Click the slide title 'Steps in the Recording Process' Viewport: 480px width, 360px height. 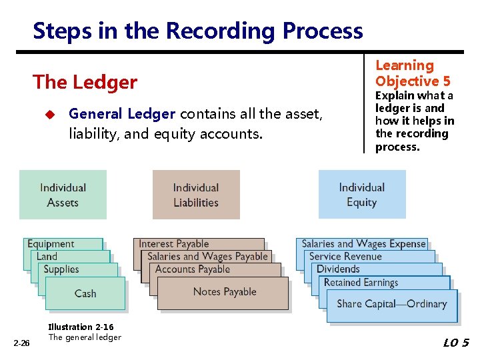tap(197, 31)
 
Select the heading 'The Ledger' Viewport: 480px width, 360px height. tap(85, 82)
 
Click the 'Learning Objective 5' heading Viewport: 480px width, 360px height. tap(413, 73)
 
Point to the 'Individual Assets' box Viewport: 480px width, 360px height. tap(63, 195)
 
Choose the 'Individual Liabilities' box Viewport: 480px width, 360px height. tap(196, 195)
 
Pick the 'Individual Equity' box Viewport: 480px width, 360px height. tap(361, 195)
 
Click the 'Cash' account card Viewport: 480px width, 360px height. tap(85, 293)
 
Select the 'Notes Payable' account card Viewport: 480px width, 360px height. tap(224, 292)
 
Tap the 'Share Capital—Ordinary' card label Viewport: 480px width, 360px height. tap(391, 304)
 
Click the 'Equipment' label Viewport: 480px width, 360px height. tap(51, 244)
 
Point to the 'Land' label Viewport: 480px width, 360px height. tap(47, 257)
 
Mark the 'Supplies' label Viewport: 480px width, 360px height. tap(61, 269)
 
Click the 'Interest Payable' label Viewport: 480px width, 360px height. tap(173, 244)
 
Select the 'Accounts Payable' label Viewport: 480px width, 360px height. tap(192, 269)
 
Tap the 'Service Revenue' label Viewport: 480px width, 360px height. tap(345, 257)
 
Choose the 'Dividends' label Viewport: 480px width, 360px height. tap(338, 269)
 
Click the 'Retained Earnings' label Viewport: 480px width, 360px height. tap(361, 283)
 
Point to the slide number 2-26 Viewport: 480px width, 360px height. tap(22, 343)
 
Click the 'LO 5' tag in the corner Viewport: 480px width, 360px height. tap(456, 343)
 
